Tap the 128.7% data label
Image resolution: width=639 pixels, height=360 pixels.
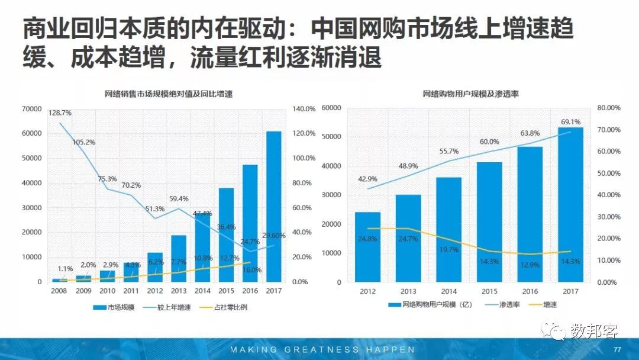(x=60, y=112)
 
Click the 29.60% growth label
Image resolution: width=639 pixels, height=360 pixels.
(x=273, y=236)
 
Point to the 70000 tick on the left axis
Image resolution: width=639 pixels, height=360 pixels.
(x=31, y=109)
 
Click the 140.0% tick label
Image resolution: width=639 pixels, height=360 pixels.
(x=304, y=109)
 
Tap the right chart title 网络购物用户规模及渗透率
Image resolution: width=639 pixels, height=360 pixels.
(x=470, y=94)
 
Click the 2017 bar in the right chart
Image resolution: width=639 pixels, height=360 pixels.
(x=570, y=204)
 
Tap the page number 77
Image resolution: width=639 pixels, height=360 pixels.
(x=617, y=348)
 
